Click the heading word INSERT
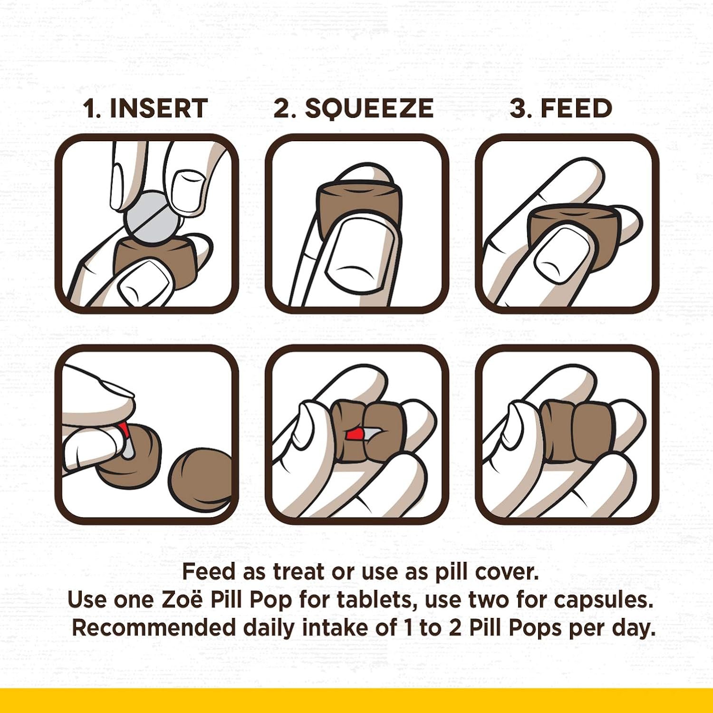click(159, 108)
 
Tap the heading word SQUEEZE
click(369, 109)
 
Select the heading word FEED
click(576, 108)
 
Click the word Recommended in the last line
click(154, 628)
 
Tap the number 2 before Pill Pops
click(455, 628)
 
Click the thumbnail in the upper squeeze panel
click(362, 254)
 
